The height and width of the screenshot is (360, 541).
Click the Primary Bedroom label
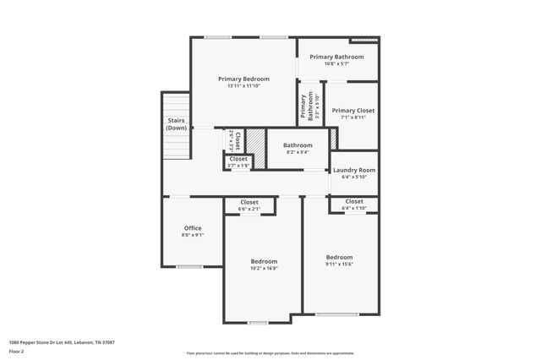tap(243, 79)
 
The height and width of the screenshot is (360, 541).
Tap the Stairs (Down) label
tap(176, 124)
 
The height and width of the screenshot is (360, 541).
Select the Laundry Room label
tap(353, 170)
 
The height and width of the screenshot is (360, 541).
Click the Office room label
tap(193, 228)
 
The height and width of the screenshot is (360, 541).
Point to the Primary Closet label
tap(352, 111)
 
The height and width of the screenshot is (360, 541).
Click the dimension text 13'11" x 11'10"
tap(243, 86)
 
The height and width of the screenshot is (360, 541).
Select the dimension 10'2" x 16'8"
tap(264, 268)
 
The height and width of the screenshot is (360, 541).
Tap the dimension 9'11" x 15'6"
tap(339, 264)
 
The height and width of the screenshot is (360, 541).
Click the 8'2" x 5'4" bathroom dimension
tap(298, 152)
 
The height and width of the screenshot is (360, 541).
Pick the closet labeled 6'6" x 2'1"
tap(249, 209)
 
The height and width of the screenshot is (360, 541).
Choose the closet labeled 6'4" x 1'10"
tap(353, 208)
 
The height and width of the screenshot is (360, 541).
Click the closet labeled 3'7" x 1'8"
tap(238, 166)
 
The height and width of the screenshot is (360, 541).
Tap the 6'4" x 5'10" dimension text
tap(353, 177)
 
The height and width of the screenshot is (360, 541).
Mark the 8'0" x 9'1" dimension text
tap(193, 236)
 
